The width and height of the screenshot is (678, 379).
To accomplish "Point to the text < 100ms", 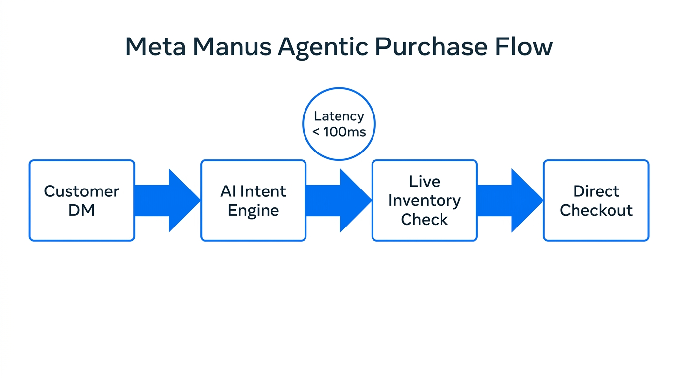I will pos(339,132).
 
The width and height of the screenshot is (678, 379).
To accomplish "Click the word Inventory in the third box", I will pos(424,201).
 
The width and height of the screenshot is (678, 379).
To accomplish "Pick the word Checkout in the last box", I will pos(596,211).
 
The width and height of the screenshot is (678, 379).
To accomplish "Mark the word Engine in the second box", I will pos(253,211).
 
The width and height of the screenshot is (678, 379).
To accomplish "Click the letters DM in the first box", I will pos(81,211).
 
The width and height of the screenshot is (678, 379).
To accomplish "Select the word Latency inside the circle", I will pos(339,116).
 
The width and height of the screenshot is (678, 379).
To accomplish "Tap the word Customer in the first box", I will pos(81,191).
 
